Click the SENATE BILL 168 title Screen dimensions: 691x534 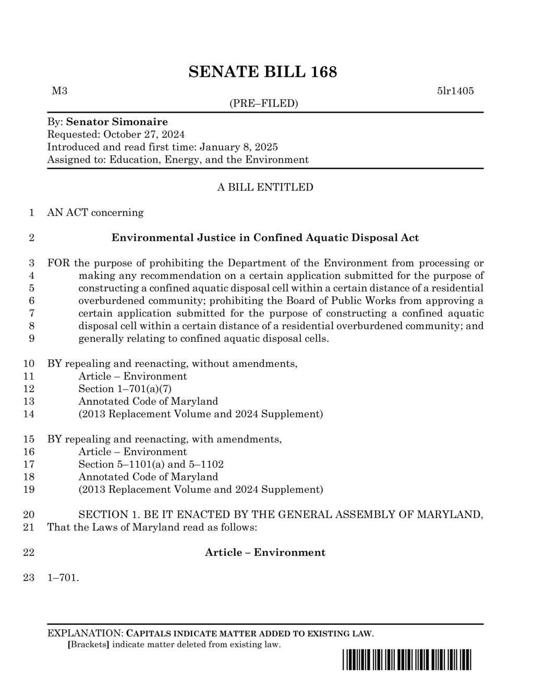point(262,72)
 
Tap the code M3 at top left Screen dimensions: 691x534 point(59,91)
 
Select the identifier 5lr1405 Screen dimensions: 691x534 point(455,91)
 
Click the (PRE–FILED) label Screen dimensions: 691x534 point(264,103)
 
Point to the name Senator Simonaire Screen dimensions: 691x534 point(117,122)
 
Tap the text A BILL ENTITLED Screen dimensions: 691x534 point(265,187)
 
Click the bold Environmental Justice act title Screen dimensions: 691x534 point(265,238)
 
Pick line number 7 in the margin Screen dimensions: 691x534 point(31,313)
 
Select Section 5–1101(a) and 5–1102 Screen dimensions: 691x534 point(151,465)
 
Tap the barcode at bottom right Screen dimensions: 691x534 point(407,660)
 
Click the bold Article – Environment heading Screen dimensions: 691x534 point(265,553)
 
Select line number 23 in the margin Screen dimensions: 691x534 point(29,578)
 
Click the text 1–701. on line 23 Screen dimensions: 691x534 point(63,578)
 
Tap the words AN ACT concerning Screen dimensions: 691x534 point(95,213)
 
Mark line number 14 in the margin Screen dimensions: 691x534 point(29,414)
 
